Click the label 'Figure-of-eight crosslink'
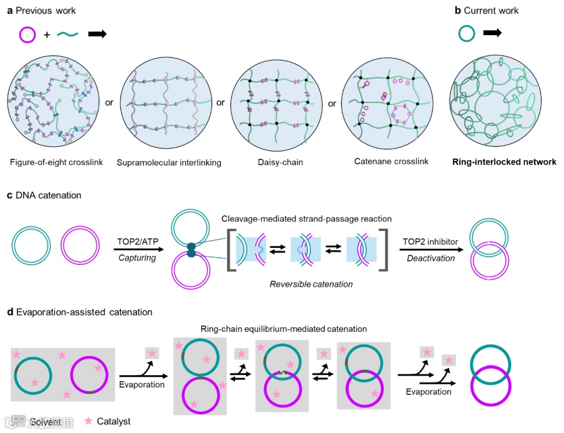click(56, 162)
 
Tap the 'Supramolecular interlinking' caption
click(169, 163)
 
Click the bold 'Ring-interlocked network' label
click(504, 162)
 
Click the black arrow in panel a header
click(97, 35)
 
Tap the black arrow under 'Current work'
click(492, 33)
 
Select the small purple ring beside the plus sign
click(27, 35)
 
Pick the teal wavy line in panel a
click(68, 35)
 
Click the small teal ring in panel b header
click(466, 33)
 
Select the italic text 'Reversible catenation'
click(311, 284)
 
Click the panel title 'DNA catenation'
click(48, 195)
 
